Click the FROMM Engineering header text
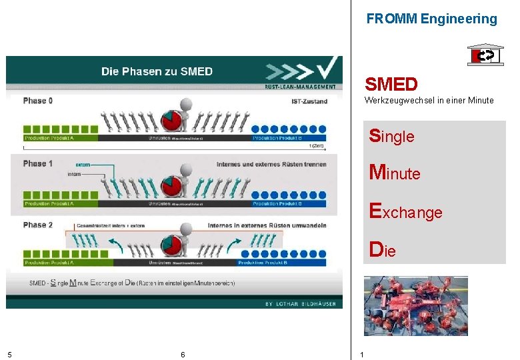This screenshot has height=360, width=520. (431, 19)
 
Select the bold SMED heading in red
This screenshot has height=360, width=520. (391, 85)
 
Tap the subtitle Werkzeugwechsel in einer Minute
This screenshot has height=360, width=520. (429, 101)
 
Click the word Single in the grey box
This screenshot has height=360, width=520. (392, 136)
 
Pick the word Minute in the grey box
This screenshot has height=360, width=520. (395, 173)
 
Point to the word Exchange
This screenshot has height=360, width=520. (406, 212)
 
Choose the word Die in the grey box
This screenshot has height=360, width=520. (383, 250)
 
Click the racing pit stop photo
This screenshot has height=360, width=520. (415, 305)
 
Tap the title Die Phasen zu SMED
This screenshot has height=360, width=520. (157, 71)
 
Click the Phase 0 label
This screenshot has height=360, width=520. (38, 101)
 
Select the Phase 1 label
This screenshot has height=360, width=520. (38, 163)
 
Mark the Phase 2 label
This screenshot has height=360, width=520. (38, 225)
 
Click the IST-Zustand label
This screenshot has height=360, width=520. (309, 101)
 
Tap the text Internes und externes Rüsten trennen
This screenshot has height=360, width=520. (271, 164)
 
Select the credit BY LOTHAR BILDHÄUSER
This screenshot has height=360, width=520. (301, 303)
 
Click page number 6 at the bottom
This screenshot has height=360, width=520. (183, 354)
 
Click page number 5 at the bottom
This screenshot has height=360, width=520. (9, 354)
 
